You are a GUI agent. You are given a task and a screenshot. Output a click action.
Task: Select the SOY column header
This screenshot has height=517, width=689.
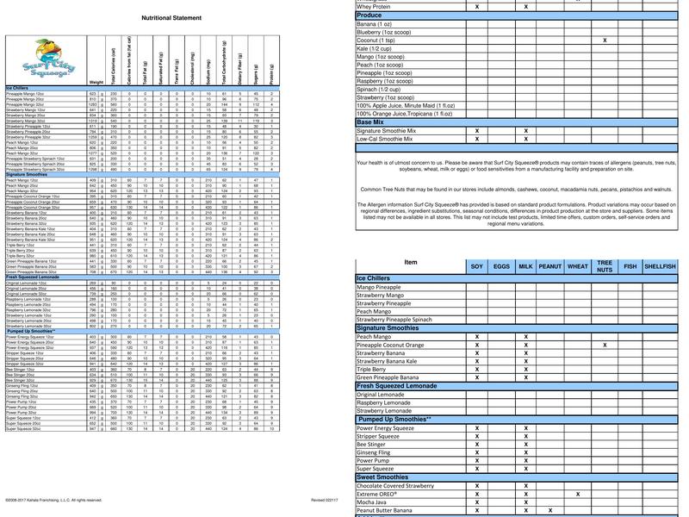pyautogui.click(x=476, y=267)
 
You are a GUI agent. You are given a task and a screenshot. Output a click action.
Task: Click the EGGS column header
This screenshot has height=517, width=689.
pyautogui.click(x=502, y=267)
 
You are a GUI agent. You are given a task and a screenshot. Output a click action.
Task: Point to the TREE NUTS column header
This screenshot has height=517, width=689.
pyautogui.click(x=605, y=267)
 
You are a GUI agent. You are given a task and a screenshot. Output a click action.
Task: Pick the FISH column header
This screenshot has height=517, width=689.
pyautogui.click(x=630, y=267)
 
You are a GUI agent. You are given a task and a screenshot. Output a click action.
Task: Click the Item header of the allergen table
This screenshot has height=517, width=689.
pyautogui.click(x=411, y=263)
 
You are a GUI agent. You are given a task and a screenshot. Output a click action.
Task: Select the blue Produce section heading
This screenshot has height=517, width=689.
pyautogui.click(x=369, y=16)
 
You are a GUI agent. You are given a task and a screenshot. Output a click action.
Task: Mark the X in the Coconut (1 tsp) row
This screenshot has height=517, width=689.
pyautogui.click(x=605, y=40)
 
